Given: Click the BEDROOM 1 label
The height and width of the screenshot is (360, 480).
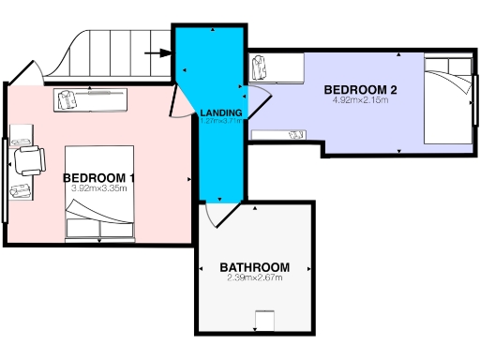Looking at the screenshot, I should click(99, 178).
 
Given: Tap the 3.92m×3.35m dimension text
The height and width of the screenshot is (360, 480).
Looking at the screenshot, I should click(99, 188).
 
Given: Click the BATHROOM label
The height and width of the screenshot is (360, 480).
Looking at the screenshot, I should click(254, 266).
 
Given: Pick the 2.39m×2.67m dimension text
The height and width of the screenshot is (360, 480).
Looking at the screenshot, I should click(254, 277).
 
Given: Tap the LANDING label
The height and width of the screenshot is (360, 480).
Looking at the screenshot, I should click(221, 113).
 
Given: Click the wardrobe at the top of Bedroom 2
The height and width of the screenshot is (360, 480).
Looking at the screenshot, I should click(278, 67).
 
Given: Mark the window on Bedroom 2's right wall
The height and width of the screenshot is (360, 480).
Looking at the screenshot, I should click(474, 97).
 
